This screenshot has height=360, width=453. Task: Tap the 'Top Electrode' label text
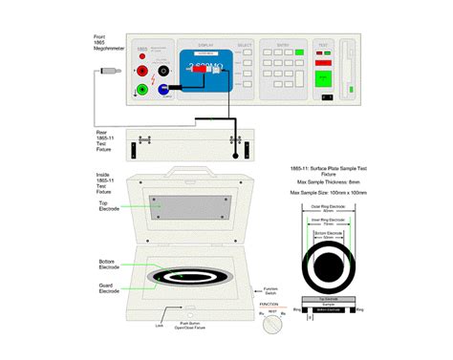[109, 206]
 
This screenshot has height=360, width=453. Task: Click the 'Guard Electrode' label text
[110, 288]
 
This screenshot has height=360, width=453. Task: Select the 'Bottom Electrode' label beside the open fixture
[110, 263]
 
